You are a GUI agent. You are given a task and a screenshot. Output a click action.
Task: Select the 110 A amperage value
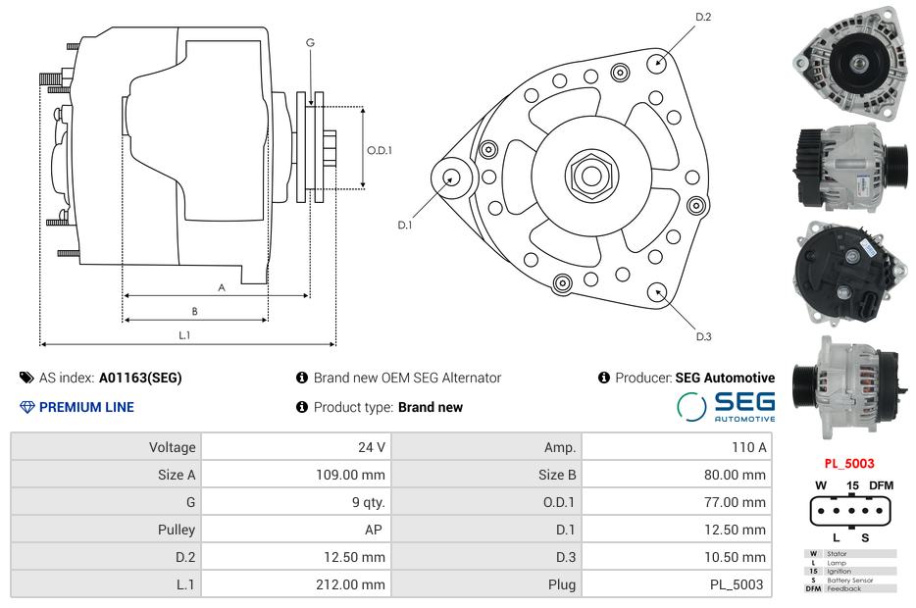click(749, 447)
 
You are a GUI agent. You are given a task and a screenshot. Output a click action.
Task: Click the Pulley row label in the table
click(177, 530)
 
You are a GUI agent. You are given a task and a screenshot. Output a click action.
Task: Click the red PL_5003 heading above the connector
click(848, 464)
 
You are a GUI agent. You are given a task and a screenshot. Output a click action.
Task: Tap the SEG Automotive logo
click(726, 406)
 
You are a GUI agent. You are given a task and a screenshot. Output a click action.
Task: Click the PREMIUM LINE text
click(86, 407)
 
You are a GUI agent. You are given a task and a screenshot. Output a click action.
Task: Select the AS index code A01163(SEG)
click(140, 378)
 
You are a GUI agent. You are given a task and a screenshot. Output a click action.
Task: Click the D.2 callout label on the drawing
click(703, 17)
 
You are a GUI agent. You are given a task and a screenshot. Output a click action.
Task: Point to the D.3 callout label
click(703, 337)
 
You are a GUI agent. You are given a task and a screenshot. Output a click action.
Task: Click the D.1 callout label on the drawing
click(404, 226)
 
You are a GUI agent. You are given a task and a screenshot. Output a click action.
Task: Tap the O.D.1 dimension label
click(380, 150)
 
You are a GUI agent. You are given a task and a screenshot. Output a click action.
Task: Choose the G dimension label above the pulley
click(310, 42)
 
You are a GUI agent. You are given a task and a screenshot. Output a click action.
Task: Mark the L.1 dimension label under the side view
click(184, 335)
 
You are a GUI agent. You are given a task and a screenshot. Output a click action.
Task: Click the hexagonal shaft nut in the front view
click(590, 175)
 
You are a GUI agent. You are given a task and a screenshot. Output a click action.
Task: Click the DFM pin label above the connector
click(881, 485)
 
